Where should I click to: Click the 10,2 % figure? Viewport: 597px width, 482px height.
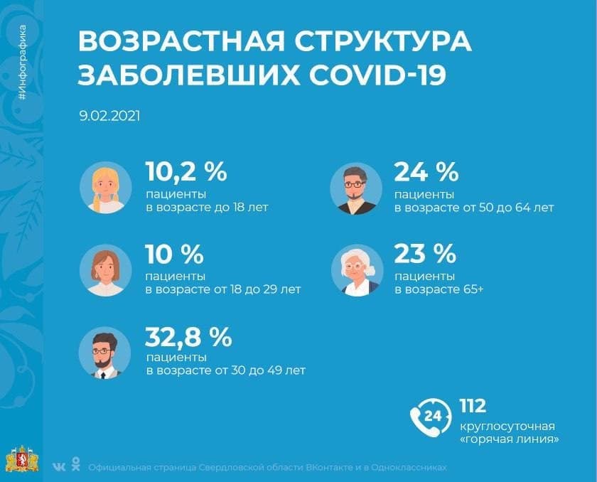tap(185, 172)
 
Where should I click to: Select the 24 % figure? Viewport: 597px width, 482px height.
tap(426, 172)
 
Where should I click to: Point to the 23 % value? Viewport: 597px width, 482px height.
tap(425, 254)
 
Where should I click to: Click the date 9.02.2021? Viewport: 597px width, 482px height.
tap(109, 114)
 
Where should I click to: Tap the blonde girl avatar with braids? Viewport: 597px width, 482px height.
tap(105, 188)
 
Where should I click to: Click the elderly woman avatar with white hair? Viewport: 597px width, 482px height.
tap(357, 270)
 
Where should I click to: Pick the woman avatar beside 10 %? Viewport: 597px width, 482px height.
tap(105, 270)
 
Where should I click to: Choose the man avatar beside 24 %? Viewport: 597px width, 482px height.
tap(356, 188)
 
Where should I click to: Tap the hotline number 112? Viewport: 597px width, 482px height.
tap(472, 406)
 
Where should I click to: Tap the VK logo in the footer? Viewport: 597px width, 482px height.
tap(59, 467)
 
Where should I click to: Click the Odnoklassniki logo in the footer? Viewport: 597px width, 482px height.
tap(75, 466)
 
